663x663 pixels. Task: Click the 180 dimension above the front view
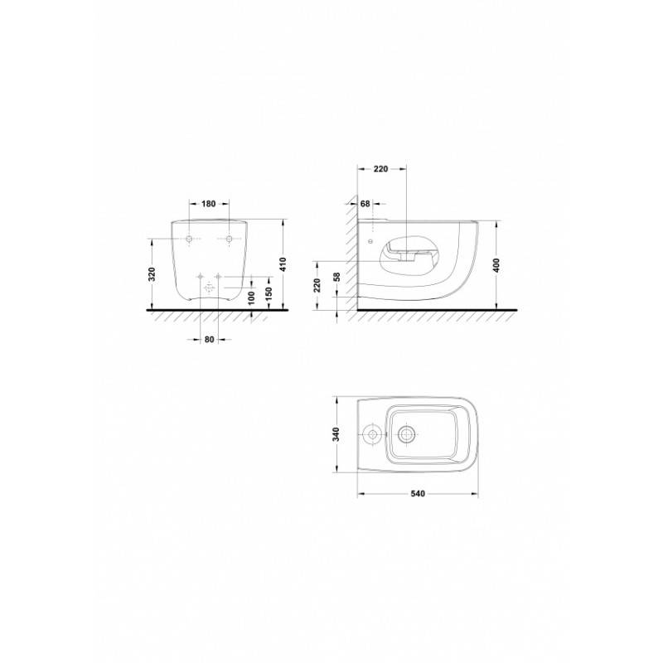(x=209, y=204)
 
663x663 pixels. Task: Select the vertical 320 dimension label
(x=152, y=274)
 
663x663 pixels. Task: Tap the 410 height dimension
(x=283, y=264)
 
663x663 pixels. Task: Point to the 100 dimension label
(x=251, y=298)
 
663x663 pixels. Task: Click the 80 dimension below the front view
(x=210, y=339)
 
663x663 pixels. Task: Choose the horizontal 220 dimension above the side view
(x=380, y=169)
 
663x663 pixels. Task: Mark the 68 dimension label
(x=365, y=204)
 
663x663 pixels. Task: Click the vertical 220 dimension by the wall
(x=317, y=285)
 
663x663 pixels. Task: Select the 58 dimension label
(x=336, y=277)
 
